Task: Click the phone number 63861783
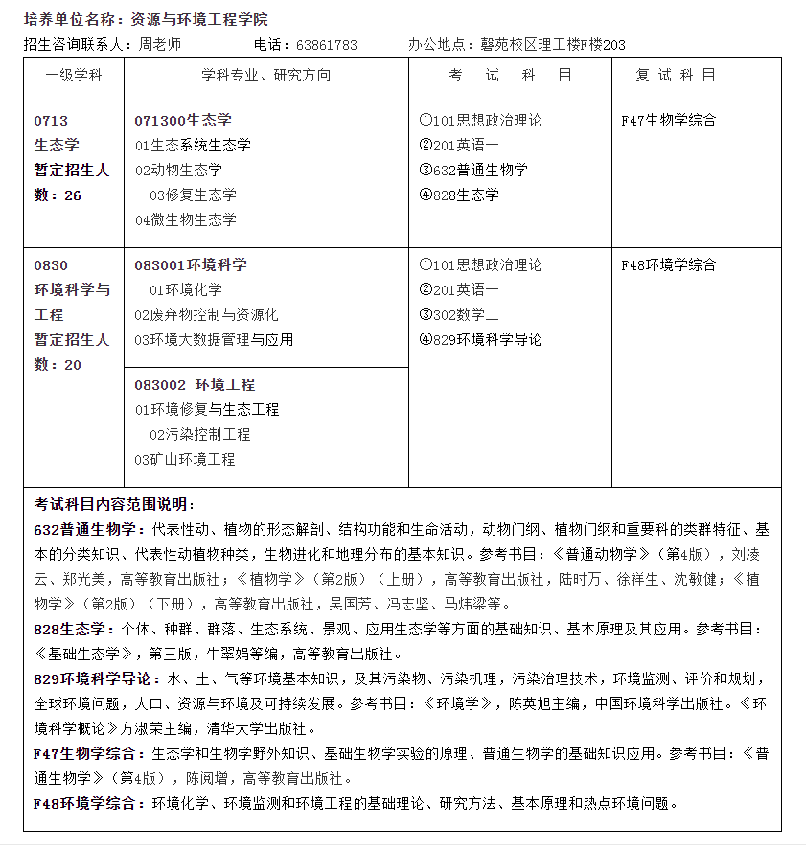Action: [327, 45]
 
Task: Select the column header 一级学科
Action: [74, 76]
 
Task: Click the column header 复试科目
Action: [676, 76]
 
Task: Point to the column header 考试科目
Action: [510, 76]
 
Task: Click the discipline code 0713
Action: [51, 121]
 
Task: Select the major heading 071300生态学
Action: [183, 121]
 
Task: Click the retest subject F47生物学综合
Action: [669, 121]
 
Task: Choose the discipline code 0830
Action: [51, 265]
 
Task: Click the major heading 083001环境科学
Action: [191, 265]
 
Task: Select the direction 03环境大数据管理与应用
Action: [214, 340]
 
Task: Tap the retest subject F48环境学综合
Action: [669, 265]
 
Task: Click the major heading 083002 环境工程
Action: [195, 385]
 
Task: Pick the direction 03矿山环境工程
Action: [185, 460]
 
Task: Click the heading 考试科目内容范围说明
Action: [114, 504]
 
